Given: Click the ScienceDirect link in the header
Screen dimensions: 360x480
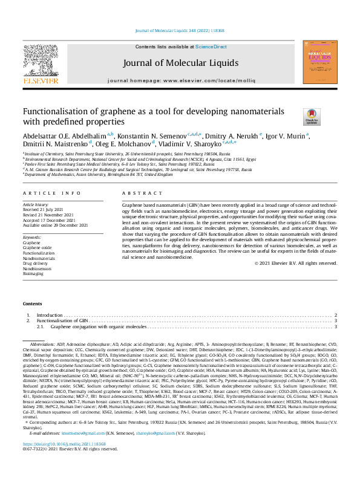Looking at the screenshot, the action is pyautogui.click(x=211, y=47).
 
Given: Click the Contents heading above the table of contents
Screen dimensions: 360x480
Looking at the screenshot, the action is pyautogui.click(x=33, y=303).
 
